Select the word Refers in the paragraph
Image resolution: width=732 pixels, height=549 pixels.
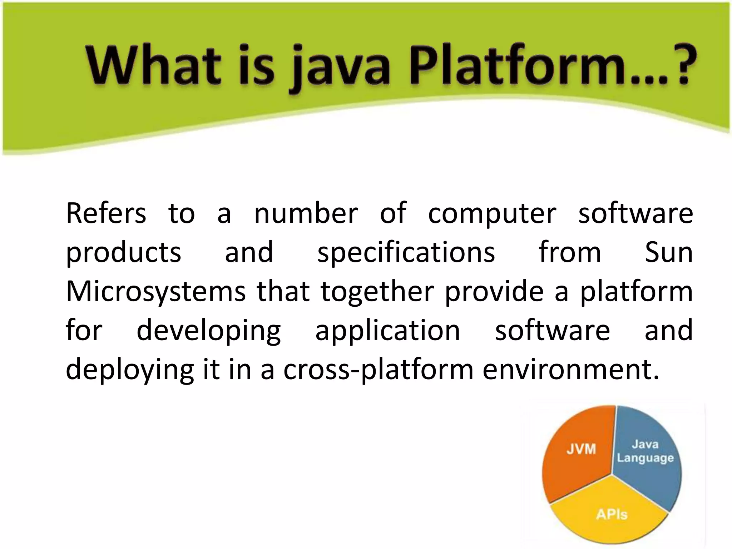(106, 213)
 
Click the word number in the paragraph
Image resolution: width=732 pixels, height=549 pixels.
(306, 213)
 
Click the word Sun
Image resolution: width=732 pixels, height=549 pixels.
(669, 252)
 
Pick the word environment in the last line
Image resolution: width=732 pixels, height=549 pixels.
(570, 370)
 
